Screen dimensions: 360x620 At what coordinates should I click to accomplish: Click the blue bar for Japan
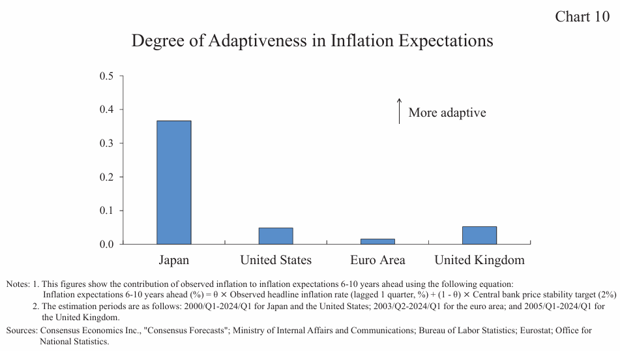point(174,183)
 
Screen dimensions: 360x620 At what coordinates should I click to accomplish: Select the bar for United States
point(276,236)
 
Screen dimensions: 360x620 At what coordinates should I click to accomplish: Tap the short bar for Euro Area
point(377,241)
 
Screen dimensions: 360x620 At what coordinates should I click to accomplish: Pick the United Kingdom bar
point(480,235)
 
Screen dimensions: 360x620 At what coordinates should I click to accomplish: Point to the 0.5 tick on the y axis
point(106,76)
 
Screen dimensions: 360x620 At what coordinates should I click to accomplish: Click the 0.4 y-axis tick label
point(106,110)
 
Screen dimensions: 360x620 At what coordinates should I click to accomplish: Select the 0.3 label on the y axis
point(106,143)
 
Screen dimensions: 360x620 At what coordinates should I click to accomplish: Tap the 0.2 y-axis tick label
point(106,177)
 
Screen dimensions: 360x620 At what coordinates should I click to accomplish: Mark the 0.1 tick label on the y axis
point(106,211)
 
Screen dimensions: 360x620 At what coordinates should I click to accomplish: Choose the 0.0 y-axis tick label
point(106,244)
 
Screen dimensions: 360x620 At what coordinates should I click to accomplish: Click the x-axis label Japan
point(174,260)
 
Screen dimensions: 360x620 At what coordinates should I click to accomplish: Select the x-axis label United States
point(276,260)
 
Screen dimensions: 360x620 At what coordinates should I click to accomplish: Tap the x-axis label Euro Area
point(377,260)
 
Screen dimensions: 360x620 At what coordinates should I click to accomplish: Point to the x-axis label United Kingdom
point(480,260)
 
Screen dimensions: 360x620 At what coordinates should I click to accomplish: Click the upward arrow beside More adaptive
point(399,111)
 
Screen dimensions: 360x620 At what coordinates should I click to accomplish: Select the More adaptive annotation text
point(447,113)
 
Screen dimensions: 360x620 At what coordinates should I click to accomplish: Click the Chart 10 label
point(582,17)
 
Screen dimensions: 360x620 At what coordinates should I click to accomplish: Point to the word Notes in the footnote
point(18,284)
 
